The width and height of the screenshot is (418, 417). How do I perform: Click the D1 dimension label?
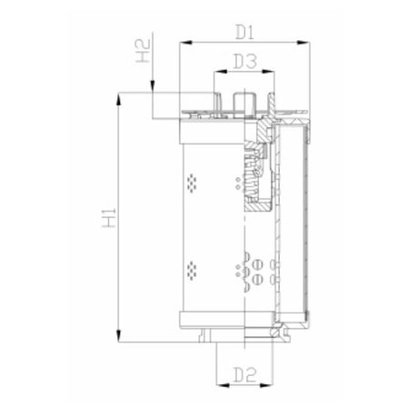coord(243,33)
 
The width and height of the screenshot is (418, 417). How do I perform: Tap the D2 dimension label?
coord(243,372)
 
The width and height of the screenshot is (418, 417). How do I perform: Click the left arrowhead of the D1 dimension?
coord(184,42)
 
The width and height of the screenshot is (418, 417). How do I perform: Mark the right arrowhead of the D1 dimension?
coord(306,42)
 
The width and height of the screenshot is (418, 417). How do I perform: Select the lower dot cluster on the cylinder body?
coord(192,269)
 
